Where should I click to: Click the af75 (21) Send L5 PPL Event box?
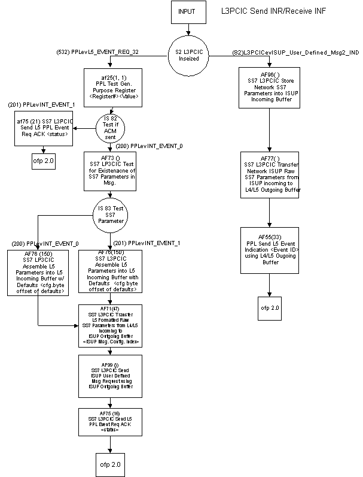pyautogui.click(x=41, y=129)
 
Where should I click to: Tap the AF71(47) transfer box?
pyautogui.click(x=111, y=325)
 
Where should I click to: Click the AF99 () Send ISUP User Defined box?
pyautogui.click(x=111, y=375)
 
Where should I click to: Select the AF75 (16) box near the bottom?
pyautogui.click(x=111, y=423)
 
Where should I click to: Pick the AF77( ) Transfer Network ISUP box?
pyautogui.click(x=270, y=174)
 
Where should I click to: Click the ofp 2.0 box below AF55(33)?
pyautogui.click(x=270, y=308)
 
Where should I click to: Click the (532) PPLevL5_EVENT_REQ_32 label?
pyautogui.click(x=106, y=53)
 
